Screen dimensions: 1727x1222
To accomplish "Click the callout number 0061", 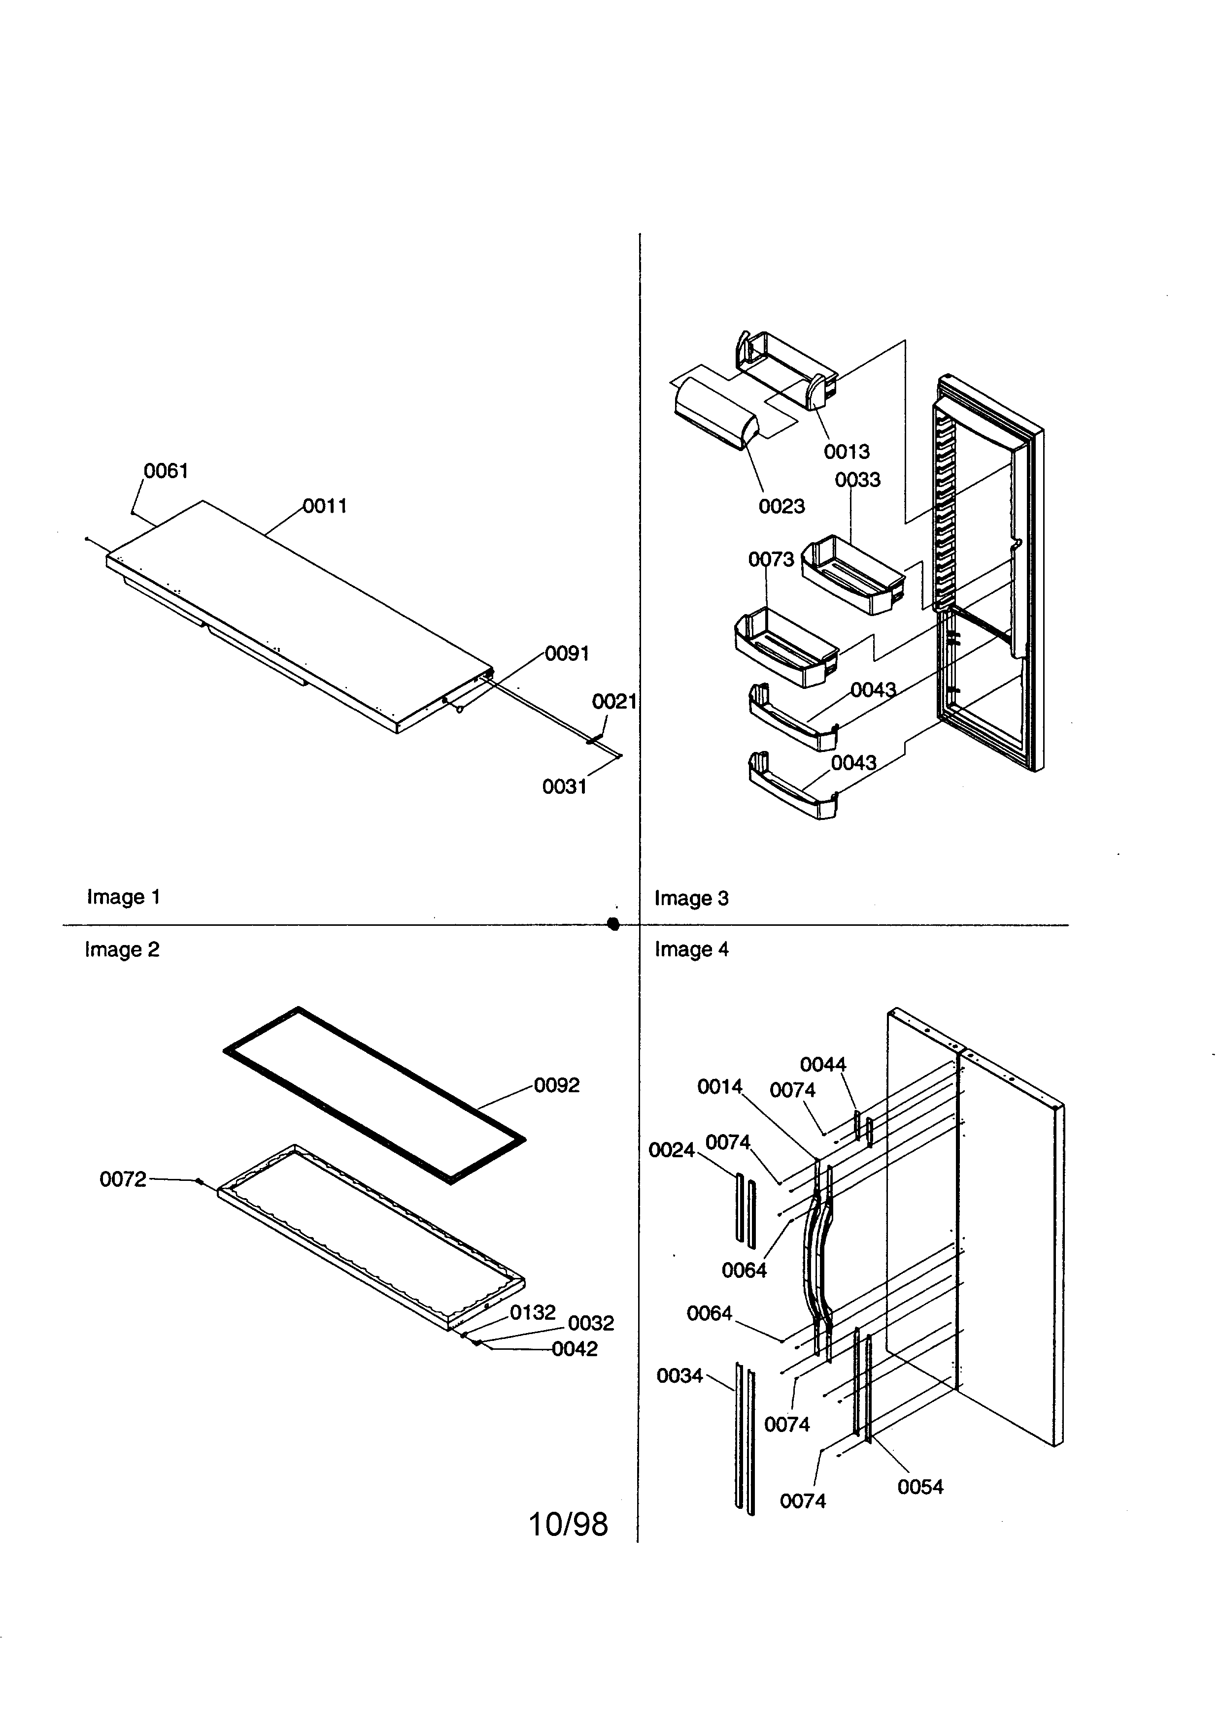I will pos(166,471).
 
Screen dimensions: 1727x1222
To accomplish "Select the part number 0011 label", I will pos(325,506).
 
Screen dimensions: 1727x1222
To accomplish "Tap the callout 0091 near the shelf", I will pos(567,653).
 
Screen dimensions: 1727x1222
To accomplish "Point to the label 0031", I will pos(564,787).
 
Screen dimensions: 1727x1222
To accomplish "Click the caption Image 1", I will pos(123,897).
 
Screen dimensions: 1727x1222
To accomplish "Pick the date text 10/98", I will pos(568,1525).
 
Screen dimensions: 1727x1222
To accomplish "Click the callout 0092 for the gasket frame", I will pos(557,1085).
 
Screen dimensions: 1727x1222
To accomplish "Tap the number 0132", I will pos(532,1312).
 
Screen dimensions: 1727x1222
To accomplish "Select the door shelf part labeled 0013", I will pos(786,370).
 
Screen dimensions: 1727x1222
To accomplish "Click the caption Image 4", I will pos(691,949).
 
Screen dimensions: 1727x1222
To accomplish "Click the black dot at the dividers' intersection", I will pos(613,924).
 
